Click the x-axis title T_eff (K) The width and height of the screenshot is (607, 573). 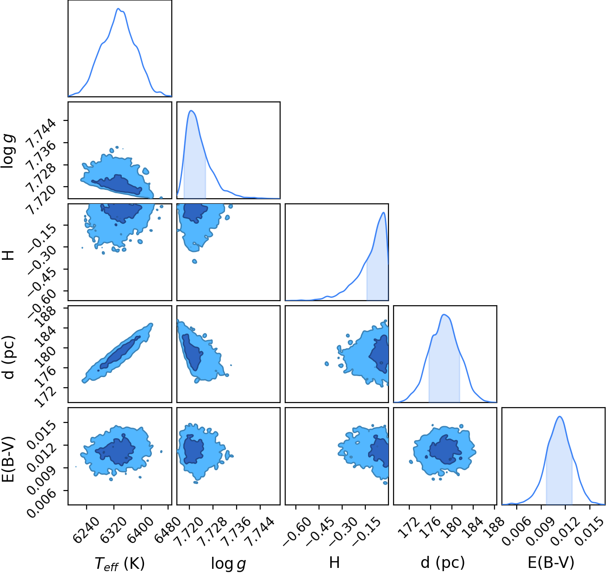click(x=120, y=563)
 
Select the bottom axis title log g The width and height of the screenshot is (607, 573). click(x=228, y=563)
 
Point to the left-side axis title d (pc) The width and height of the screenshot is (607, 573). click(x=9, y=357)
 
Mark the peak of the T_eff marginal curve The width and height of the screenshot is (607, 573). click(x=119, y=8)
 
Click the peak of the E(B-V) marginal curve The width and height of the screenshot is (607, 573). click(x=560, y=416)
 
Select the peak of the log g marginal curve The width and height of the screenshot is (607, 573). click(x=191, y=110)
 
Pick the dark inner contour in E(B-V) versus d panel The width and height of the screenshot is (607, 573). click(x=444, y=450)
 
